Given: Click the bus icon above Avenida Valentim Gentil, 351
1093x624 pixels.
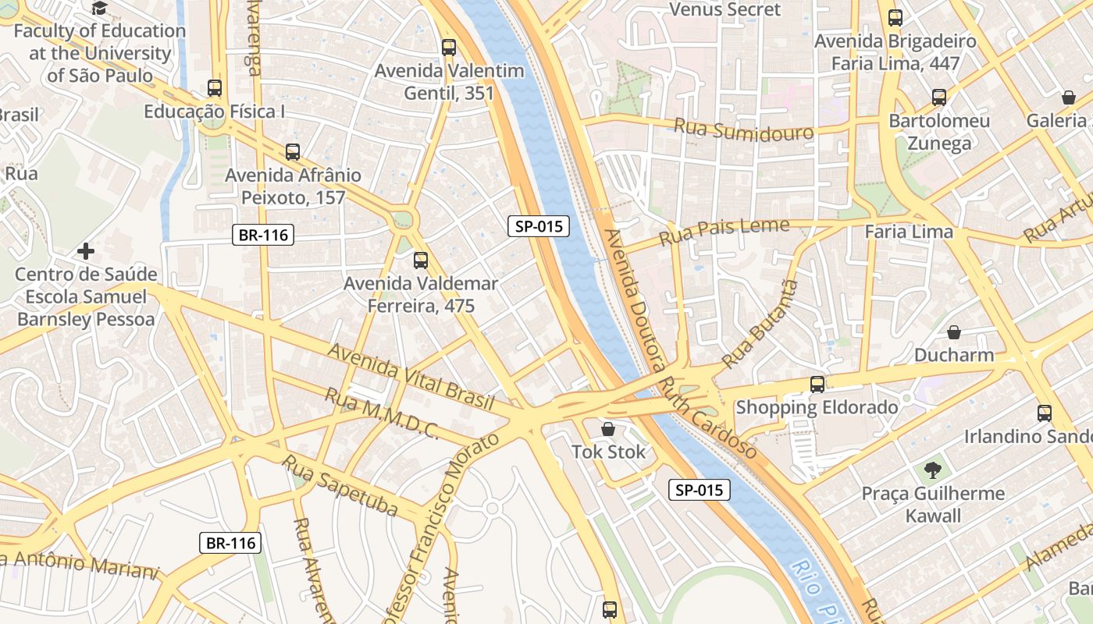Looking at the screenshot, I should coord(448,47).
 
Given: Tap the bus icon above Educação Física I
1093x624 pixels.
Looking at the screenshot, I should coord(215,88).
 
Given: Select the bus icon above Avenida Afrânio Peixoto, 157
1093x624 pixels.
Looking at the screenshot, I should coord(293,152).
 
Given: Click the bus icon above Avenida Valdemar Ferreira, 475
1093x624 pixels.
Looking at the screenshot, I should coord(421,261).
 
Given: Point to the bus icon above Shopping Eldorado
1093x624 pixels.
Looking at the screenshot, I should coord(817,385).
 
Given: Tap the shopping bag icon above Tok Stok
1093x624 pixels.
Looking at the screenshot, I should coord(608,429).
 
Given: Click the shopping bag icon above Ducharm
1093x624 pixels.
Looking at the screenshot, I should coord(954,333).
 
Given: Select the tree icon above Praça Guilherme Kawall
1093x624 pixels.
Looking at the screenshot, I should coord(932,470).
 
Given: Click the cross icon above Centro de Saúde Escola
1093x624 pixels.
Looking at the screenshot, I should coord(86,251).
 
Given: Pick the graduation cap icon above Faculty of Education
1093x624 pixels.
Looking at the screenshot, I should coord(99,9).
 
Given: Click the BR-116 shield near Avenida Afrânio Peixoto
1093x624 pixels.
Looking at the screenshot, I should coord(262,235).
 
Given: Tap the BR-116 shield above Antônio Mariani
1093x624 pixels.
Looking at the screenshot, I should coord(230,543).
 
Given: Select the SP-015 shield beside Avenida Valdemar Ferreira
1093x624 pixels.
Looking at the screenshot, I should coord(539,227).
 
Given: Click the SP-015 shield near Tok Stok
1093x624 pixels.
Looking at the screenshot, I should coord(700,490).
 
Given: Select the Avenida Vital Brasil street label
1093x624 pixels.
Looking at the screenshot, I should coord(411,378).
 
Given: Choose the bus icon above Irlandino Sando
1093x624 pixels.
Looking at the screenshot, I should coord(1045,413).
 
